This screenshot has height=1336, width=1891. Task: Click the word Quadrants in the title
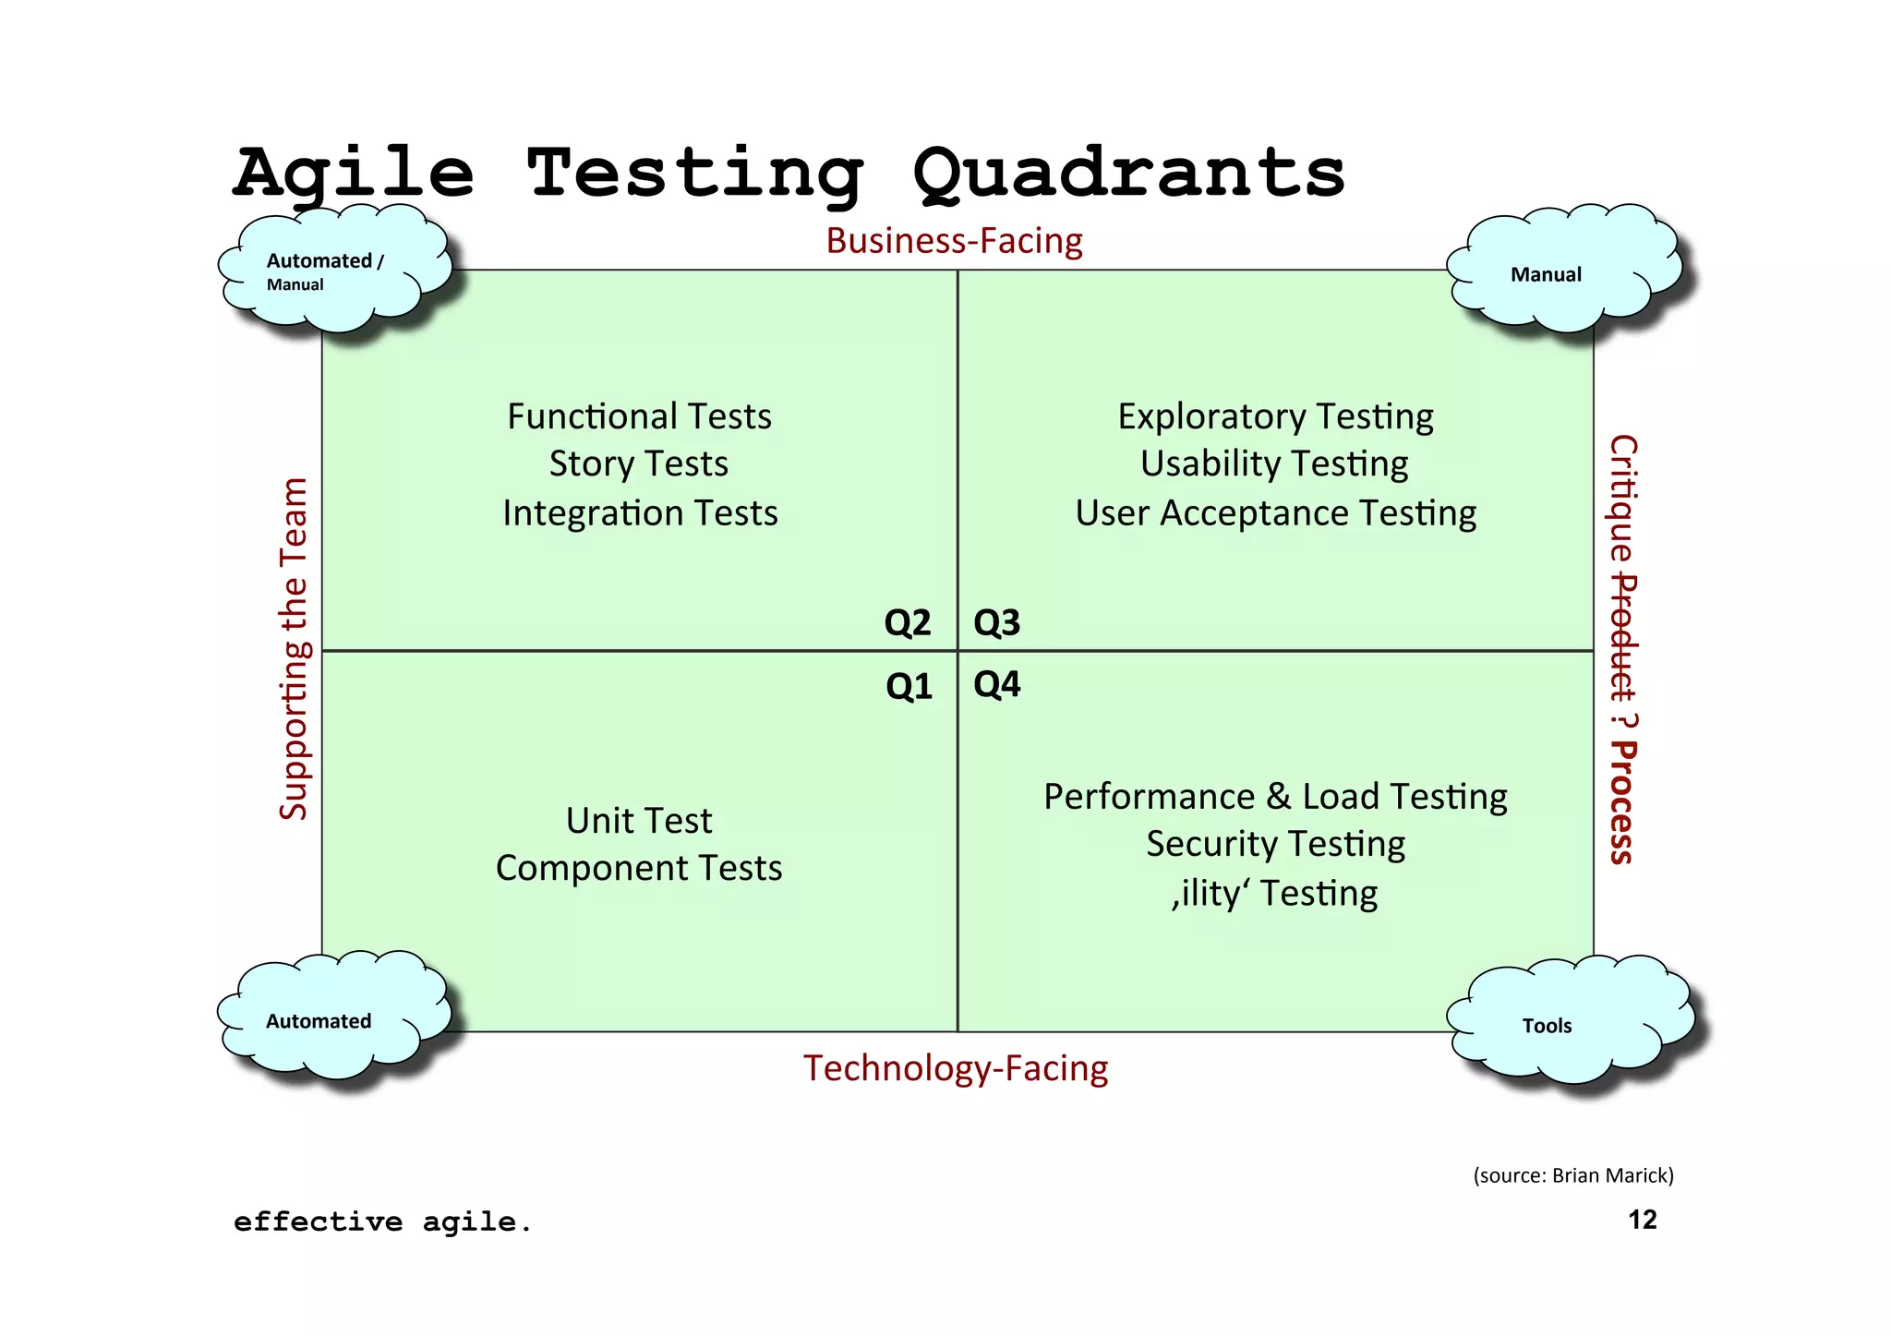(x=1128, y=173)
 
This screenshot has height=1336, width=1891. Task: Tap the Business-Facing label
(x=954, y=241)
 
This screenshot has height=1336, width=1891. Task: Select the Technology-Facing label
(x=956, y=1068)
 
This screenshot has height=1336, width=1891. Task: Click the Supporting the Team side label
(x=294, y=649)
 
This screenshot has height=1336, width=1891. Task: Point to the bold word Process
(x=1622, y=801)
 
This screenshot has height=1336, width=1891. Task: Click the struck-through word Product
(x=1622, y=637)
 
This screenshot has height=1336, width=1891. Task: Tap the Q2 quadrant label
(x=907, y=623)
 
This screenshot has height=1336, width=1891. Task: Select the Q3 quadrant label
(x=996, y=623)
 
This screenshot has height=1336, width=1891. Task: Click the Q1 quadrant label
(x=909, y=686)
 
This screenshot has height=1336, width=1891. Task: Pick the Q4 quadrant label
(x=996, y=684)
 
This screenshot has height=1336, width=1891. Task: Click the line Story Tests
(x=639, y=463)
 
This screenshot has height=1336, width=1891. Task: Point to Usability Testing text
(x=1274, y=463)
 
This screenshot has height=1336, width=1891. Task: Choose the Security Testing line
(x=1275, y=844)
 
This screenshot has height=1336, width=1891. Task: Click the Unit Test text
(x=639, y=821)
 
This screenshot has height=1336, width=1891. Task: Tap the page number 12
(x=1642, y=1220)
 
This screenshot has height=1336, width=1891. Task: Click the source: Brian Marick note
(x=1572, y=1175)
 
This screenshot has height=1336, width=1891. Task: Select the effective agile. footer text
(x=382, y=1222)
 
